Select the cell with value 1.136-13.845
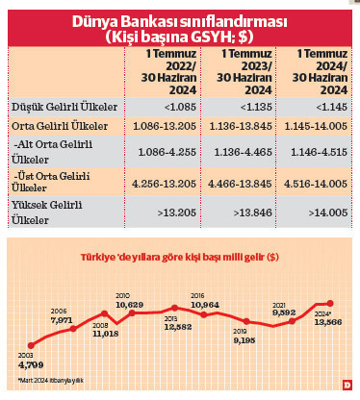point(242,126)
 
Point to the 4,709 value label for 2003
point(33,364)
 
